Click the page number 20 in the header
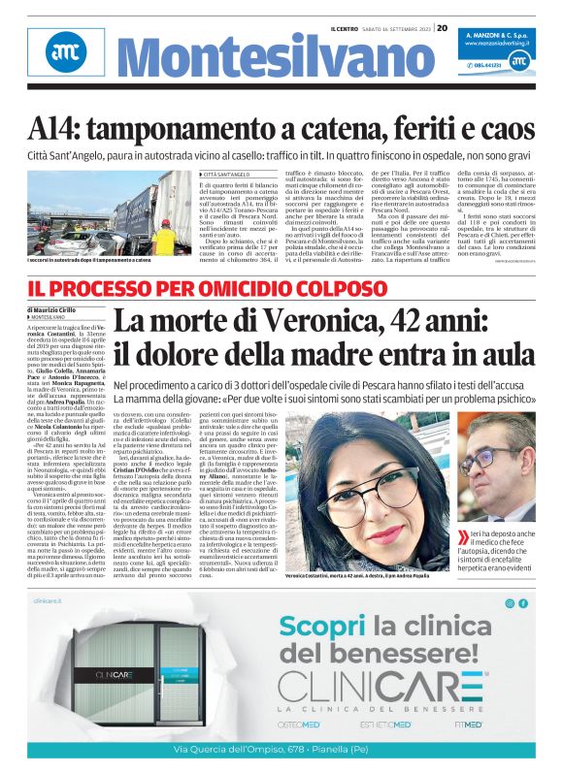pos(442,28)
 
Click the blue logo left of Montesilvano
pos(60,57)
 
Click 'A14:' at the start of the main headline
pos(61,126)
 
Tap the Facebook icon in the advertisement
pos(523,602)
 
